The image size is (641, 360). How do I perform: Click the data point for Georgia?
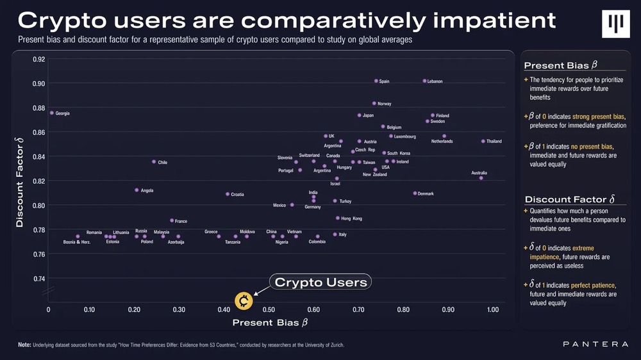pyautogui.click(x=51, y=113)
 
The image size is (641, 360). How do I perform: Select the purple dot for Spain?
pyautogui.click(x=376, y=81)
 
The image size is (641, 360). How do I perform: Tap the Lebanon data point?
pyautogui.click(x=424, y=81)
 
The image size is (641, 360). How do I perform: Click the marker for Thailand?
pyautogui.click(x=483, y=141)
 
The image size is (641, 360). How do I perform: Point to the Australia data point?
pyautogui.click(x=481, y=178)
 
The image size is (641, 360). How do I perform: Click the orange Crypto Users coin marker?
pyautogui.click(x=244, y=300)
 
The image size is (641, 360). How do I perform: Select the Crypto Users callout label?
pyautogui.click(x=320, y=282)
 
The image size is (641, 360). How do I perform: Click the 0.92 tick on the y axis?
pyautogui.click(x=38, y=59)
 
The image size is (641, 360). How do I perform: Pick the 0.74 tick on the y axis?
pyautogui.click(x=38, y=279)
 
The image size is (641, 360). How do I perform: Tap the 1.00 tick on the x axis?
pyautogui.click(x=492, y=310)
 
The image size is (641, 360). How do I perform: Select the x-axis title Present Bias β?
pyautogui.click(x=270, y=322)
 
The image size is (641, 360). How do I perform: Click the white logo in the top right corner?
pyautogui.click(x=615, y=24)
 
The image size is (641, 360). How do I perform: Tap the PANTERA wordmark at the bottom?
pyautogui.click(x=595, y=345)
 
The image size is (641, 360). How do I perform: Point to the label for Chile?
pyautogui.click(x=163, y=162)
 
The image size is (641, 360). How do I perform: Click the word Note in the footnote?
pyautogui.click(x=24, y=345)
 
